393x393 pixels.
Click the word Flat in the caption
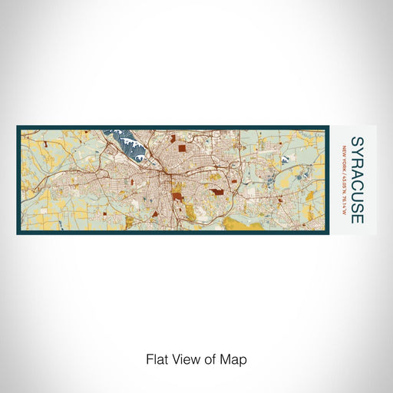pos(157,358)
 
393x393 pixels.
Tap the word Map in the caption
pos(236,358)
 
